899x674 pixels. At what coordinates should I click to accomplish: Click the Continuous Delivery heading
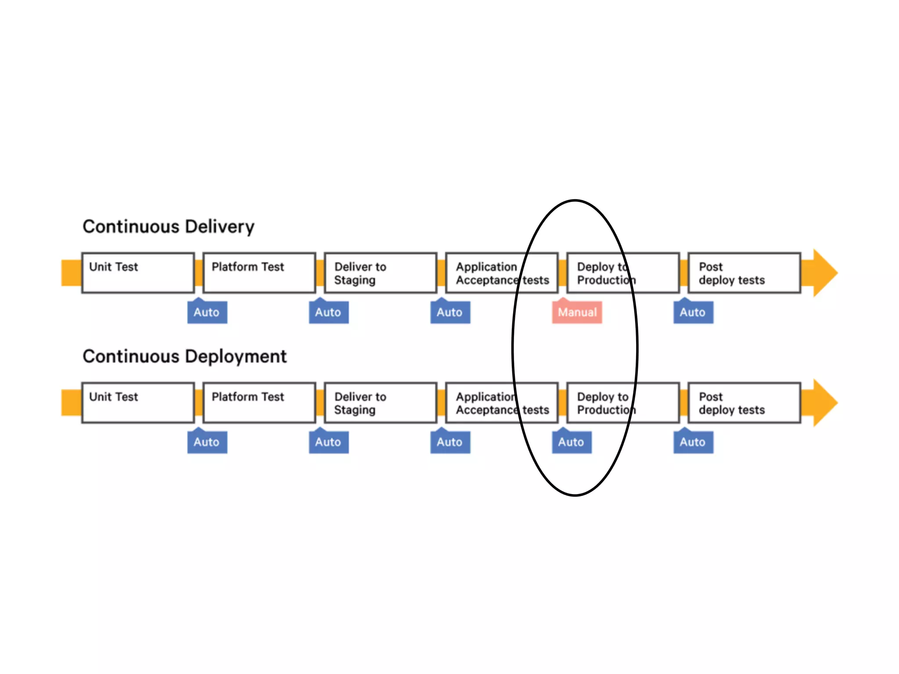point(169,226)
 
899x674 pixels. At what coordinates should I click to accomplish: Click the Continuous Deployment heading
point(184,356)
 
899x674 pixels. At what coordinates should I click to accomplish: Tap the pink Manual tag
point(577,312)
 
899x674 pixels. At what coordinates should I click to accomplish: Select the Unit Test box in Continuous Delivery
point(138,272)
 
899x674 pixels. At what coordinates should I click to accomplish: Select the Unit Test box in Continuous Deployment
point(138,402)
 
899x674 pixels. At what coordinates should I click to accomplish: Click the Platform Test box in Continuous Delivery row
point(259,272)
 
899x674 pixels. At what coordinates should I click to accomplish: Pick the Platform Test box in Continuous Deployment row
point(259,402)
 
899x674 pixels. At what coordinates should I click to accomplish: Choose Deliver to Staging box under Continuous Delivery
point(380,272)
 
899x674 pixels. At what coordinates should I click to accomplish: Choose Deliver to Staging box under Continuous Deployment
point(380,402)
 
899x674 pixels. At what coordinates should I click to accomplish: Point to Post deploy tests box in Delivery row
point(744,272)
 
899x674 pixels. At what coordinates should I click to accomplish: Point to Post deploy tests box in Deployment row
point(744,402)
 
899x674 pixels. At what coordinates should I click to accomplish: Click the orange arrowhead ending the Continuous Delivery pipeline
point(823,272)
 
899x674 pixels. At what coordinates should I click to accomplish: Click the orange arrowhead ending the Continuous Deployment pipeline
point(823,402)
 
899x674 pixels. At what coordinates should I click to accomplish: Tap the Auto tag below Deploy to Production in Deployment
point(571,442)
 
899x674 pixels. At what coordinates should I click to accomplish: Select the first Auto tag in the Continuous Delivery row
point(207,312)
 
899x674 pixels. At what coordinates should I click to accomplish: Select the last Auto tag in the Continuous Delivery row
point(693,312)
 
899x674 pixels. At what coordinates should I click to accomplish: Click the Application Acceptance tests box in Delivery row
point(502,272)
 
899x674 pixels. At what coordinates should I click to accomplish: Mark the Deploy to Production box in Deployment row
point(623,402)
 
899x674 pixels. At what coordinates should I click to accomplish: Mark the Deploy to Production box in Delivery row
point(623,272)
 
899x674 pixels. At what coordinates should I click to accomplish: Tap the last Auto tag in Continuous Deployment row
point(693,442)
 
